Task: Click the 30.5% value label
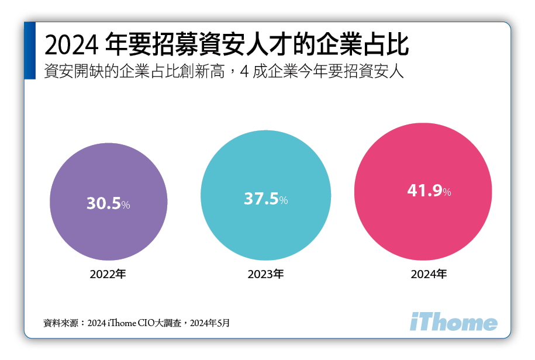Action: coord(108,203)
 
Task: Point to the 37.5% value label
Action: coord(265,199)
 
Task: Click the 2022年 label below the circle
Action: coord(108,273)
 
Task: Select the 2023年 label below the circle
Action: coord(265,274)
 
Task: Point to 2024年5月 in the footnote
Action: coord(210,323)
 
